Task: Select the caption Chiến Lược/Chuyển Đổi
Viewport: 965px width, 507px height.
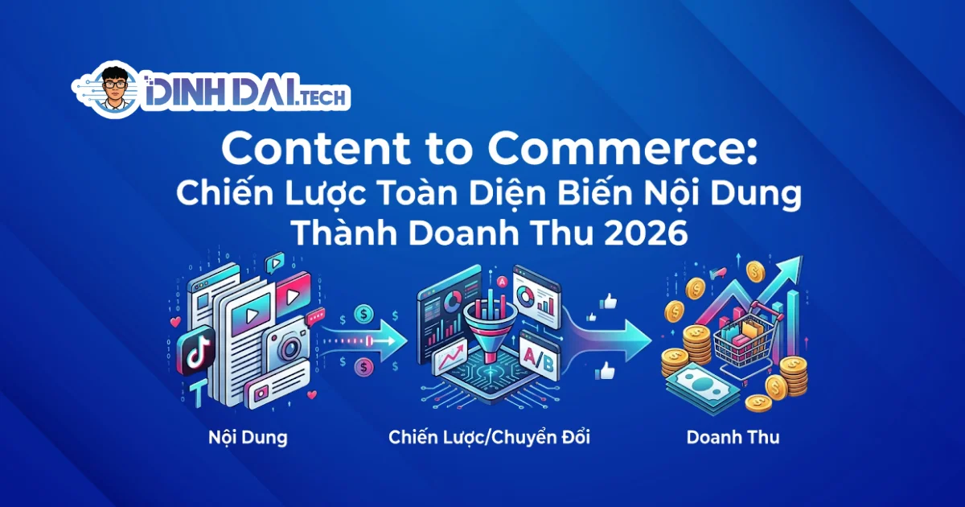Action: [495, 439]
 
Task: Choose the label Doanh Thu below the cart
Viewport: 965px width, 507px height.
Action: [733, 439]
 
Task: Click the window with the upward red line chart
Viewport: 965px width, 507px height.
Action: [450, 357]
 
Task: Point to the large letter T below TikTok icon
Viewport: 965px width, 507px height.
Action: [196, 391]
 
